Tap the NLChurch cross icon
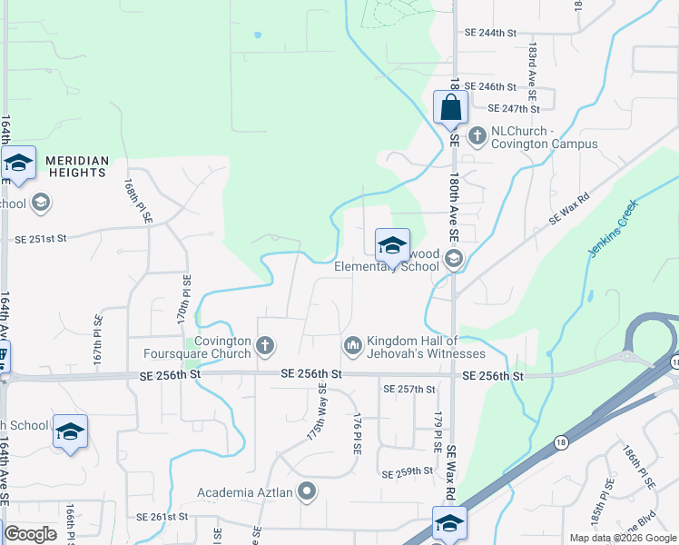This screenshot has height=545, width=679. click(477, 136)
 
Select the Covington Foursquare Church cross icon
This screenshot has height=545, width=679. click(265, 345)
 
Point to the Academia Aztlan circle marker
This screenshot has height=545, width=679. click(307, 492)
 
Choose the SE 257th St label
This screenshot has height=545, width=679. click(409, 389)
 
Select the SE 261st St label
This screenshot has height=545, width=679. click(162, 516)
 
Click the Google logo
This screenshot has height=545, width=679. click(31, 534)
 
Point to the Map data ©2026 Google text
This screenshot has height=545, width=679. click(622, 538)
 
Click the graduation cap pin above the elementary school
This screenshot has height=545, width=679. click(392, 246)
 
